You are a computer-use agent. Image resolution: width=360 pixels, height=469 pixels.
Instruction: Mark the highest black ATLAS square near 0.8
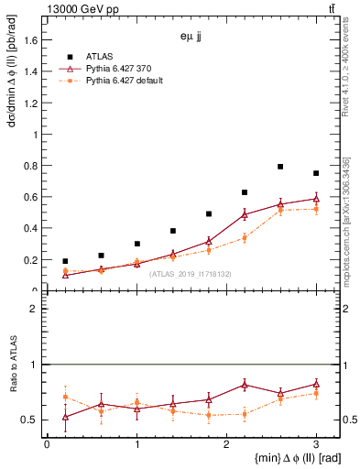pyautogui.click(x=280, y=167)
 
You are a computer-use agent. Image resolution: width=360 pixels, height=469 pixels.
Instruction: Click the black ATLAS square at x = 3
pyautogui.click(x=316, y=173)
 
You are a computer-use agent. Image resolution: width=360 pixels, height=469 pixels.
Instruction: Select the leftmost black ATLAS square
pyautogui.click(x=65, y=261)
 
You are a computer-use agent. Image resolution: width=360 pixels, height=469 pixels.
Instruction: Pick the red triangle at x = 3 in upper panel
pyautogui.click(x=316, y=199)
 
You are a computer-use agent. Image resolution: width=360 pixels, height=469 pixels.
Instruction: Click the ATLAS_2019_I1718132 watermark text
pyautogui.click(x=190, y=274)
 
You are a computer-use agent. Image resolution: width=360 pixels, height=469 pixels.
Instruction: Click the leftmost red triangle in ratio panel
pyautogui.click(x=65, y=418)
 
